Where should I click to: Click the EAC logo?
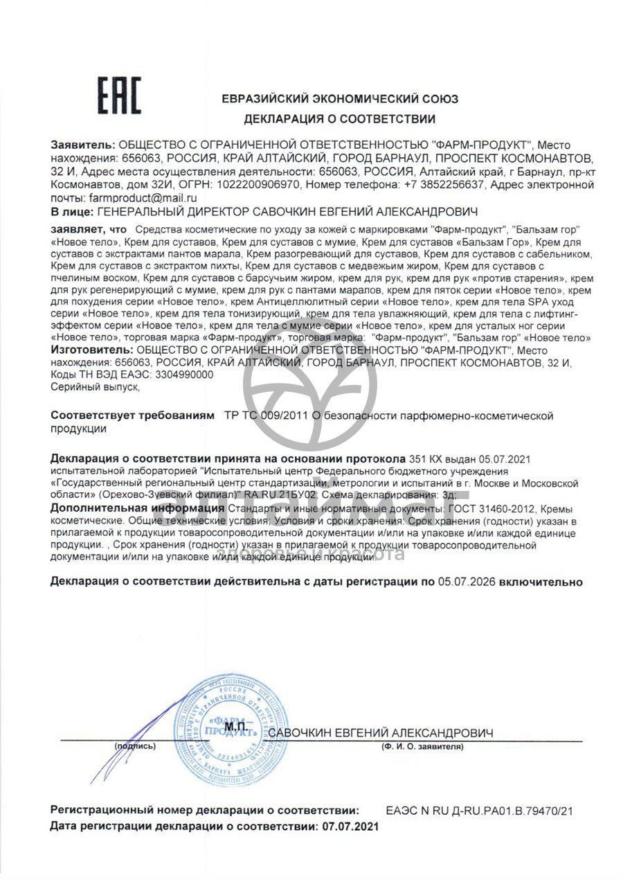(x=118, y=96)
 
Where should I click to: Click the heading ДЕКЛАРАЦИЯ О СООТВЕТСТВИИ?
(x=339, y=119)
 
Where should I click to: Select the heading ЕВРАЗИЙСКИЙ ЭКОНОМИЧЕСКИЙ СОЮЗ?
(x=339, y=99)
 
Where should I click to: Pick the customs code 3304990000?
(x=181, y=375)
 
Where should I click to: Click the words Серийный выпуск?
(x=95, y=388)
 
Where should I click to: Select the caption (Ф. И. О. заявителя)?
(x=422, y=747)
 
